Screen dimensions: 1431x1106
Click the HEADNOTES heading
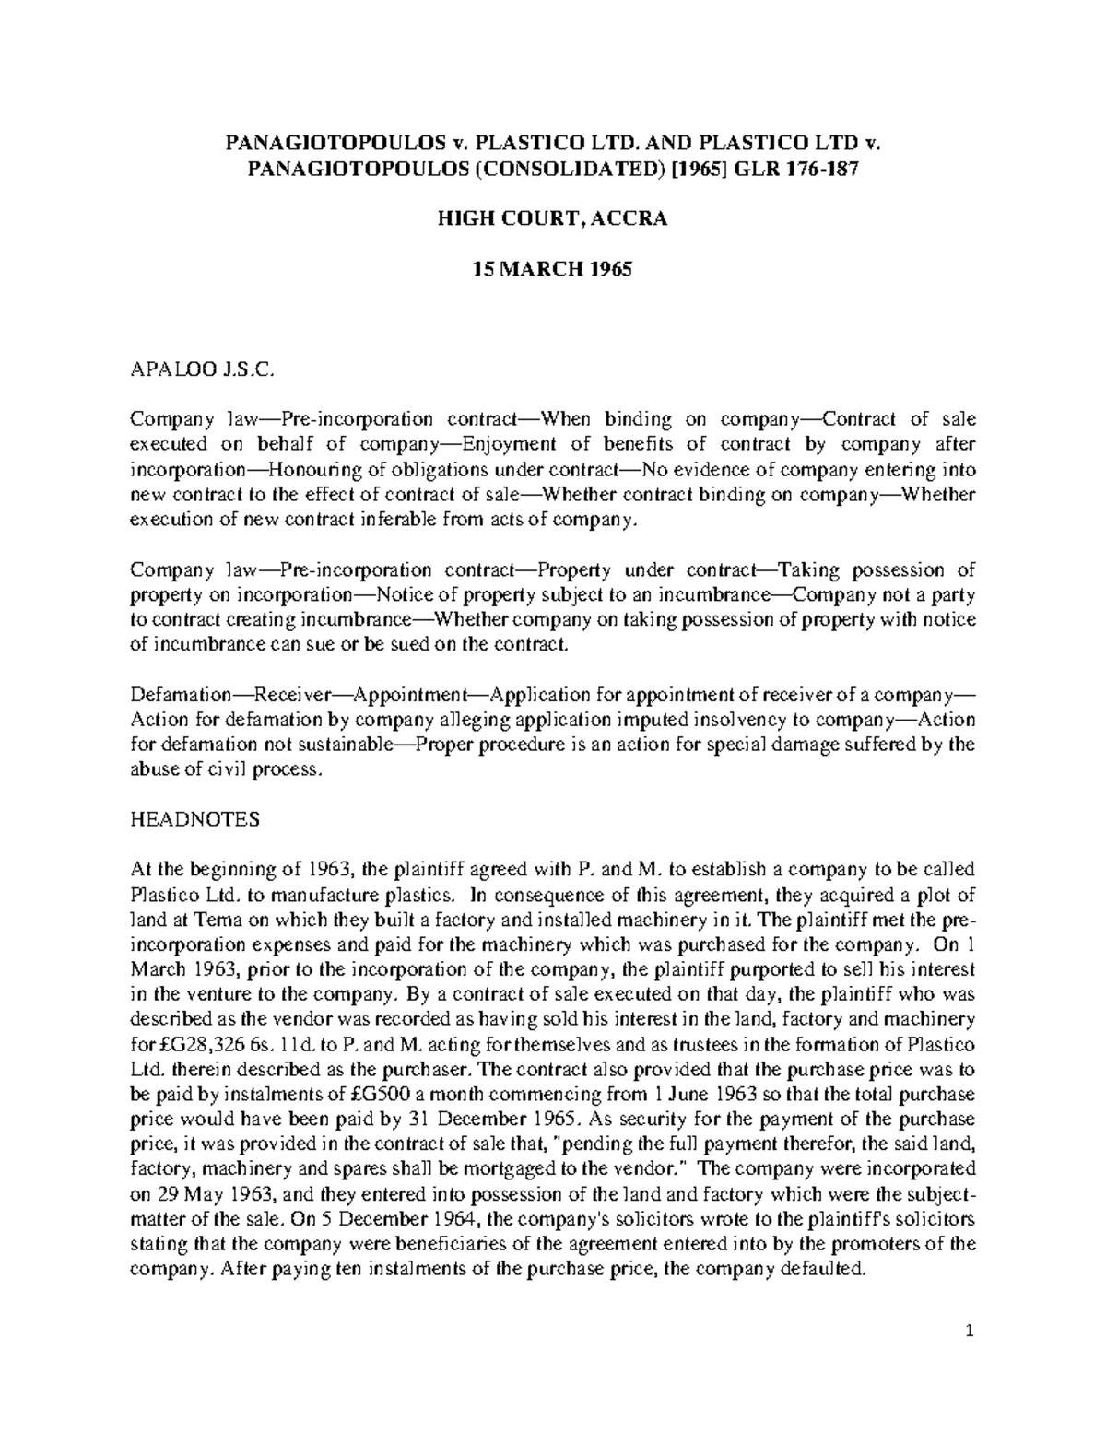pyautogui.click(x=195, y=820)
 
